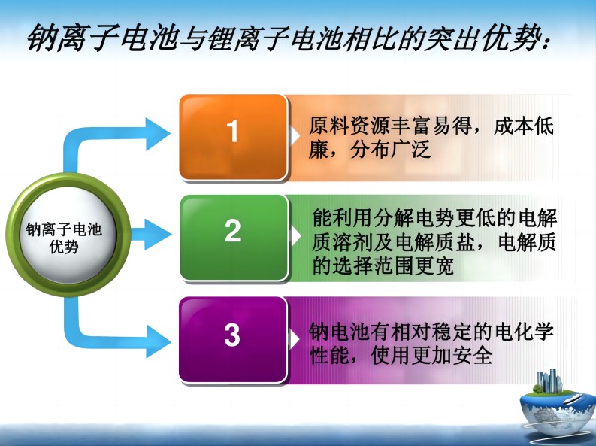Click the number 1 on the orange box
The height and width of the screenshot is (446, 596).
click(233, 131)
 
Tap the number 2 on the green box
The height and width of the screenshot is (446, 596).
click(233, 231)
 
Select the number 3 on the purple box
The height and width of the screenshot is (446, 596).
click(232, 335)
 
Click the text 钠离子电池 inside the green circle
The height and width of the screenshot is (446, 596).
click(64, 229)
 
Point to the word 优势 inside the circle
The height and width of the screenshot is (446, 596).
click(64, 247)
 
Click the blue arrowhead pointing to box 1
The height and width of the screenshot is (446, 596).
click(158, 134)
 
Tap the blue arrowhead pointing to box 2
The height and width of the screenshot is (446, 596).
click(158, 234)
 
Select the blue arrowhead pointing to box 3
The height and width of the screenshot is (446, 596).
click(159, 341)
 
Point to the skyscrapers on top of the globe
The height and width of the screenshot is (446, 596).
click(549, 381)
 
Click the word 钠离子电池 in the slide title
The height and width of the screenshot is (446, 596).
click(103, 38)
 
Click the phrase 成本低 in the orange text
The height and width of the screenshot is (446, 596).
click(523, 126)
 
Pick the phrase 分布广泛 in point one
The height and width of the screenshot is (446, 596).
click(390, 150)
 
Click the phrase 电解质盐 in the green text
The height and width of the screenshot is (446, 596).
click(436, 242)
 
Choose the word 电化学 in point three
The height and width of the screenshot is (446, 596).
click(524, 332)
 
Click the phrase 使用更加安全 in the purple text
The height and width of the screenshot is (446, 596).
click(431, 356)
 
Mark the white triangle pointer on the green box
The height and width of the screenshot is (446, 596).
click(295, 235)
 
